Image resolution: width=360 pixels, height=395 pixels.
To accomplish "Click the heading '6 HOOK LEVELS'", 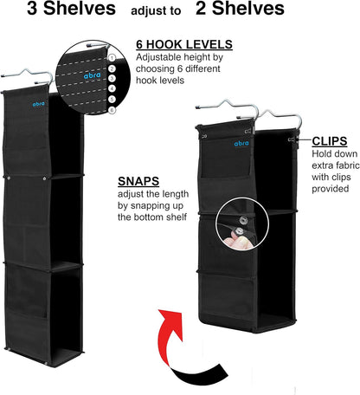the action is pyautogui.click(x=184, y=45).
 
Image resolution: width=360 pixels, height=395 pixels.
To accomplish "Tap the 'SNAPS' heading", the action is pyautogui.click(x=138, y=181).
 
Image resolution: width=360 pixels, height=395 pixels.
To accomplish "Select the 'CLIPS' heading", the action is pyautogui.click(x=330, y=141).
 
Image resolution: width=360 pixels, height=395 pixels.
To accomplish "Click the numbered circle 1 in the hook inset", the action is pyautogui.click(x=112, y=58).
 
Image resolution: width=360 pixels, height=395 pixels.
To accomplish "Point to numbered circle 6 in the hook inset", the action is pyautogui.click(x=112, y=110).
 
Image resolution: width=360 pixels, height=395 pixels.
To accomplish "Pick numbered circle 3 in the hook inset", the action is pyautogui.click(x=112, y=79).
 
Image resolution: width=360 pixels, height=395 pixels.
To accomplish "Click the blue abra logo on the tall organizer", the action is pyautogui.click(x=38, y=104).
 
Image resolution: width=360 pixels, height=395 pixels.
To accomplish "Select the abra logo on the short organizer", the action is pyautogui.click(x=241, y=143).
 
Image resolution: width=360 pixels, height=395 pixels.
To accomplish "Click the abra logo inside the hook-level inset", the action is pyautogui.click(x=93, y=75).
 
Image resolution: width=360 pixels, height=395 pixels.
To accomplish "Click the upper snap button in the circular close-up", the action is pyautogui.click(x=243, y=221).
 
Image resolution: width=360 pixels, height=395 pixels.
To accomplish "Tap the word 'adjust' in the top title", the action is pyautogui.click(x=146, y=11).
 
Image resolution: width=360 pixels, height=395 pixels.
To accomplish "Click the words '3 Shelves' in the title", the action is pyautogui.click(x=71, y=9).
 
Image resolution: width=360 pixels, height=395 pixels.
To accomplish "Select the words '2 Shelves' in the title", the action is pyautogui.click(x=240, y=9).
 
